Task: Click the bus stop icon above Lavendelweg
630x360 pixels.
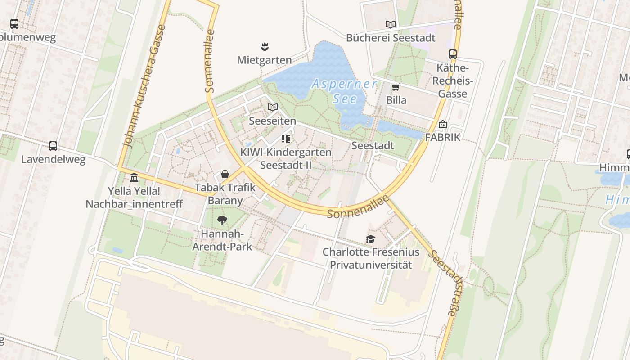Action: [53, 146]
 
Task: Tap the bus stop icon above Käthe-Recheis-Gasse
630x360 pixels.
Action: [453, 54]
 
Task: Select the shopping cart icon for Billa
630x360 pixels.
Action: [396, 87]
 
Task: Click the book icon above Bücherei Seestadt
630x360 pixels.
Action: [391, 24]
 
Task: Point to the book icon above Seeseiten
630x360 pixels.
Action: [273, 107]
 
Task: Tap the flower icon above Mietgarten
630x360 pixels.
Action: [265, 46]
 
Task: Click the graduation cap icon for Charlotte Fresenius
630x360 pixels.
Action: [370, 239]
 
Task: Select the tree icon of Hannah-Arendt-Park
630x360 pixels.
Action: [222, 220]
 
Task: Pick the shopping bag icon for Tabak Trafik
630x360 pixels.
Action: [225, 174]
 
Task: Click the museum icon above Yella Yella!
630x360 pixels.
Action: [134, 177]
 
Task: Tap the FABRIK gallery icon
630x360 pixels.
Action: [443, 124]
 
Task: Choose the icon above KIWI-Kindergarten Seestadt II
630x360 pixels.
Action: [286, 139]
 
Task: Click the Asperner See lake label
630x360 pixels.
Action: [345, 91]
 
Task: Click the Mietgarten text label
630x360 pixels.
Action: [265, 60]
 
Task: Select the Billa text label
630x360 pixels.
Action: [396, 100]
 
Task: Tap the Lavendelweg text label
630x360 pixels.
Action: [53, 159]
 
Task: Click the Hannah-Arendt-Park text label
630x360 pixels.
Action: [222, 240]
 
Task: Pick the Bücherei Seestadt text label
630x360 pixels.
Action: [391, 38]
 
